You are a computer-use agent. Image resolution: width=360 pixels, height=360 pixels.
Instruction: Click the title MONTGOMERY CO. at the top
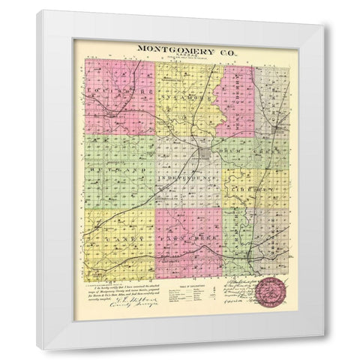coord(181,48)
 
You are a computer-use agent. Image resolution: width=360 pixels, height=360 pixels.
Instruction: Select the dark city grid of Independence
coord(203,156)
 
